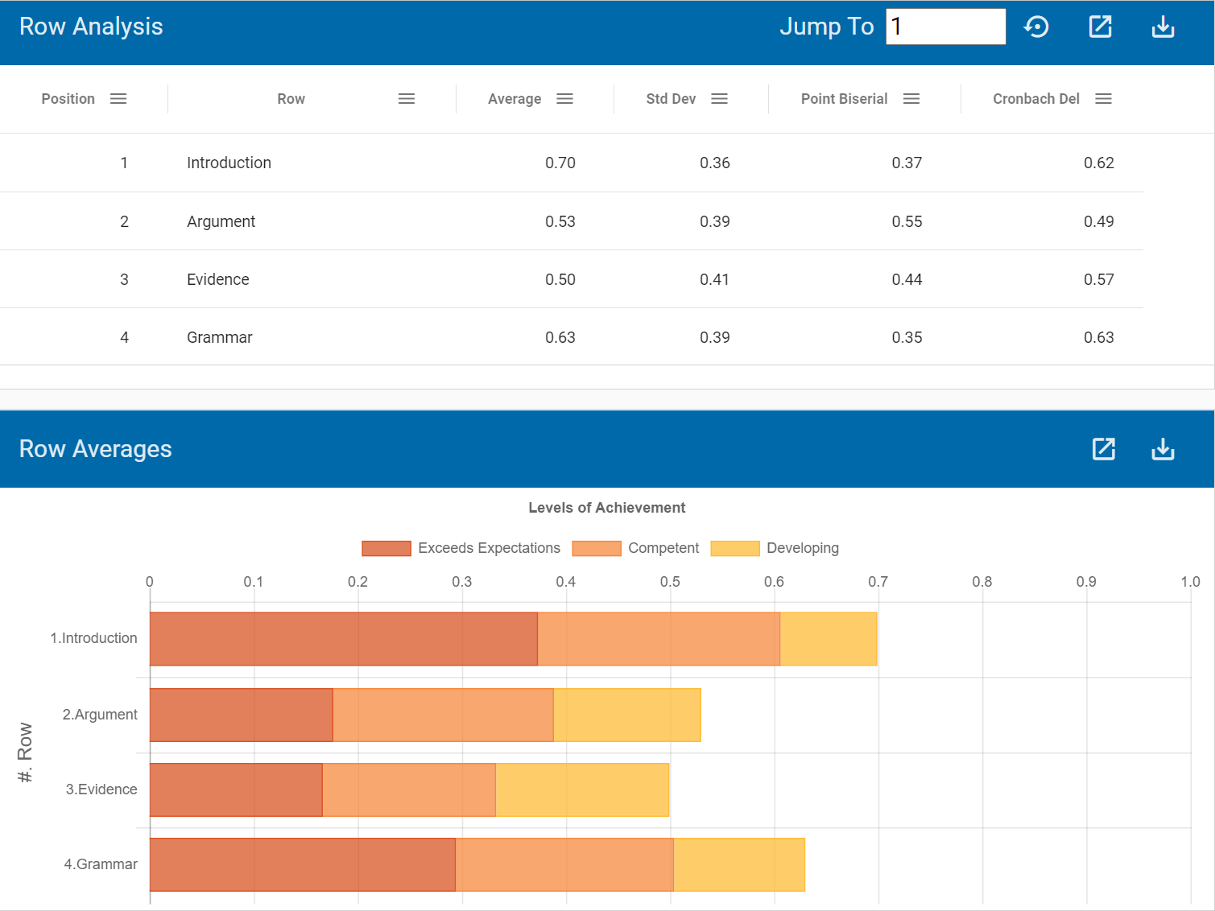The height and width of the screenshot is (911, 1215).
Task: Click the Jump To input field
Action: coord(945,27)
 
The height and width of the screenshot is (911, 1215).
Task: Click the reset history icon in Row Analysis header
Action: coord(1036,27)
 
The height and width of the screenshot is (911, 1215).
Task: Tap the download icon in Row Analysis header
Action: coord(1163,27)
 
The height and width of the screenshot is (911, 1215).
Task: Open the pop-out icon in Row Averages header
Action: coord(1103,449)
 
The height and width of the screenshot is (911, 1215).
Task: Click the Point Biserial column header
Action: coord(844,99)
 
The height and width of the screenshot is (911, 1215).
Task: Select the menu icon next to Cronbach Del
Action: coord(1103,99)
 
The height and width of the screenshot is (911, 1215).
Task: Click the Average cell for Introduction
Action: coord(560,163)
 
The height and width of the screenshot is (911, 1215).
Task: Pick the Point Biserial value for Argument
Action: coord(907,221)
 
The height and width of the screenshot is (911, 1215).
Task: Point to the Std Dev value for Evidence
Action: coord(714,279)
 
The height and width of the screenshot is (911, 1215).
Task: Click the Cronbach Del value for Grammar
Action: coord(1098,337)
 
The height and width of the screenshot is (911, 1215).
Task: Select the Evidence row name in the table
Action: coord(218,279)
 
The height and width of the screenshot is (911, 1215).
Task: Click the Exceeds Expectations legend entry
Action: coord(461,548)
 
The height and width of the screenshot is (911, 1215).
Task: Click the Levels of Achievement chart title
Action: coord(606,508)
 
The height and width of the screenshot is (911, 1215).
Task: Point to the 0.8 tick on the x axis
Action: coord(982,582)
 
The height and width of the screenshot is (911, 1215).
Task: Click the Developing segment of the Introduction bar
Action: coord(828,639)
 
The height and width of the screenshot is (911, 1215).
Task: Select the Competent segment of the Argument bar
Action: coord(443,715)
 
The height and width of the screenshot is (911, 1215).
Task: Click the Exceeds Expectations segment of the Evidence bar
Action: coord(236,789)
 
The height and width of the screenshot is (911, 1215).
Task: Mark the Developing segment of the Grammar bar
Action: coord(738,864)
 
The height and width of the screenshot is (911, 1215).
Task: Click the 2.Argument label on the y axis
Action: coord(100,715)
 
